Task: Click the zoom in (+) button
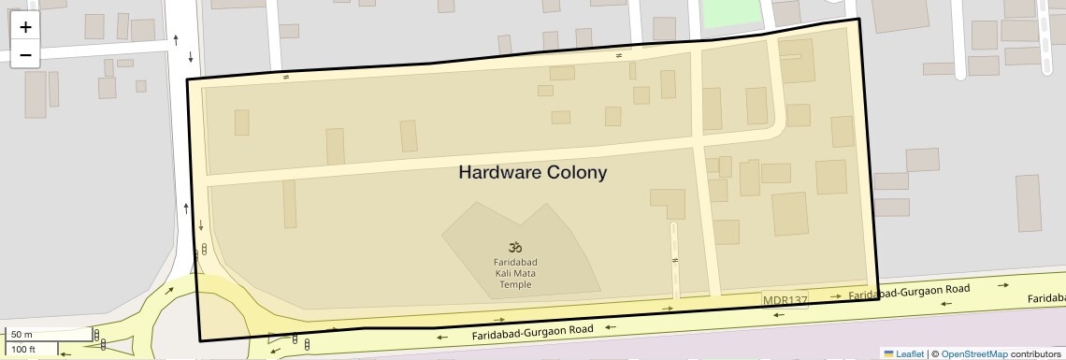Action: coord(25,27)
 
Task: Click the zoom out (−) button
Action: coord(25,54)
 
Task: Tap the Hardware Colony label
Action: coord(532,172)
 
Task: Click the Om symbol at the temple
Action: coord(515,247)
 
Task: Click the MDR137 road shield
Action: coord(785,300)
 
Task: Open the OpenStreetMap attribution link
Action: coord(974,353)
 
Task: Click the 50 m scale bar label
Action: coord(22,334)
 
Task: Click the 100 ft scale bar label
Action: coord(24,349)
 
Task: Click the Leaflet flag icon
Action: coord(888,353)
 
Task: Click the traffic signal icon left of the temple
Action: coord(204,249)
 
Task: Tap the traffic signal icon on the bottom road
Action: coord(296,340)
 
